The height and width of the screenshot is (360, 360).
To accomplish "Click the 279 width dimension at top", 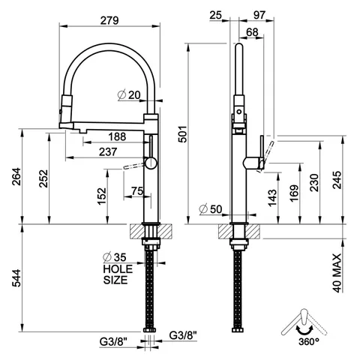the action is pos(109,20).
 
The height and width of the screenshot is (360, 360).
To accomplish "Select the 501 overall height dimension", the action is pos(183,134).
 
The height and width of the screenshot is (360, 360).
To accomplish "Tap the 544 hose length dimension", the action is pos(17,277).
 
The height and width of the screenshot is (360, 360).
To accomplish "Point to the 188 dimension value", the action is pos(117,136).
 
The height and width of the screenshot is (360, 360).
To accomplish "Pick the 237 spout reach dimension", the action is pos(108,151).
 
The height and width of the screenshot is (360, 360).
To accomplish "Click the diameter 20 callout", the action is pos(129,94).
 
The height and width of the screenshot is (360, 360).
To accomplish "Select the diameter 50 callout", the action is pos(211,209).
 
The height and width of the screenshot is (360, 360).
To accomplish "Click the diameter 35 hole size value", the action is pos(115,257).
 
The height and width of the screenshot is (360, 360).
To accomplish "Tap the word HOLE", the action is pos(118,269).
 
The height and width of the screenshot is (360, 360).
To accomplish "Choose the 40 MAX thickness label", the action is pos(337,273).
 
